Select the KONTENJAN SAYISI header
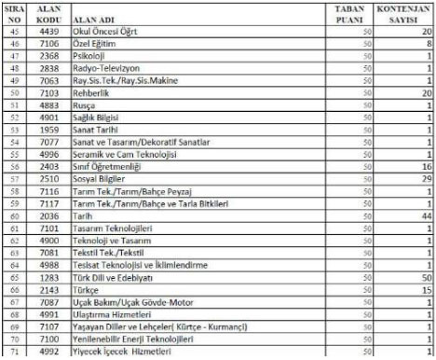tap(404, 12)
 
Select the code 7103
tap(52, 93)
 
